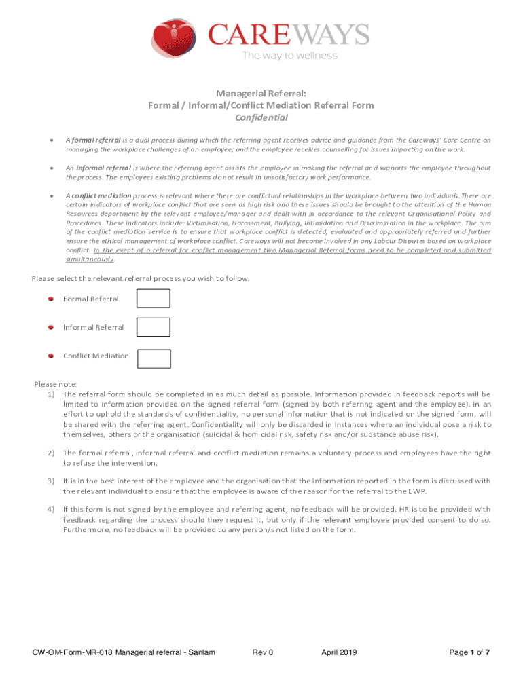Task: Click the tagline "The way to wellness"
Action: [x=289, y=56]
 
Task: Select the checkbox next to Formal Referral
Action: [x=154, y=299]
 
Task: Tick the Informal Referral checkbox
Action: [x=154, y=327]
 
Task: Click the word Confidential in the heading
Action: [x=261, y=117]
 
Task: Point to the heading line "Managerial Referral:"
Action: [x=261, y=93]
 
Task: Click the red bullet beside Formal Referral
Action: [x=50, y=299]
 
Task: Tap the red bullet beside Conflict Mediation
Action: [x=50, y=356]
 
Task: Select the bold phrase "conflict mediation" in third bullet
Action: [x=98, y=195]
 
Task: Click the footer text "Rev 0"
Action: [x=262, y=653]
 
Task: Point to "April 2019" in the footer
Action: [x=339, y=653]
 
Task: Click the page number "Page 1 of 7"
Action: [x=469, y=653]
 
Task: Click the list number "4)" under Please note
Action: [x=51, y=509]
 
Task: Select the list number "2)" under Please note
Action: [x=51, y=453]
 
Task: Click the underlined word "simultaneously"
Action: [x=90, y=259]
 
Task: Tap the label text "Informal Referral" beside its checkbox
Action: [x=93, y=327]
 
